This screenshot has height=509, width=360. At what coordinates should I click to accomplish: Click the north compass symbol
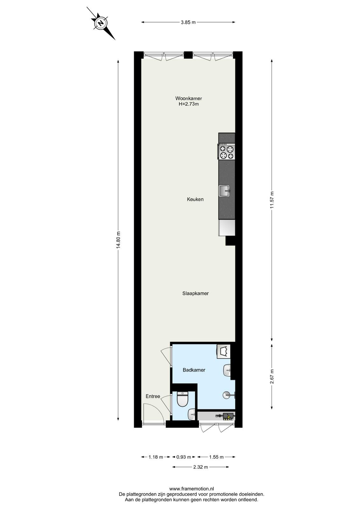pos(101,23)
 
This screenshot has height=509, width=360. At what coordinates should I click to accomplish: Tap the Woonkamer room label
pos(189,98)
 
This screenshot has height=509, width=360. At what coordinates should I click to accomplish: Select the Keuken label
pos(195,199)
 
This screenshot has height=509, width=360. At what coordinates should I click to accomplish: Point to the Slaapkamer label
pos(195,293)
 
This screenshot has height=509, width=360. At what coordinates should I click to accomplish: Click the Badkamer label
pos(194,370)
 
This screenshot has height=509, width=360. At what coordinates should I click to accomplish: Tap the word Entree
pos(153,396)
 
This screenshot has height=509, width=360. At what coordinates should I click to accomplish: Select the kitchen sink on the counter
pos(225,191)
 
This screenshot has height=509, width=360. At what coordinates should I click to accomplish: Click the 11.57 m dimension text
pos(272,200)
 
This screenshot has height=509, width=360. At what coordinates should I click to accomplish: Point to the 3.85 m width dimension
pos(188,22)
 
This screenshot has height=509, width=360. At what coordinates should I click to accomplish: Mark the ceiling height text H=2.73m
pos(189,104)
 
